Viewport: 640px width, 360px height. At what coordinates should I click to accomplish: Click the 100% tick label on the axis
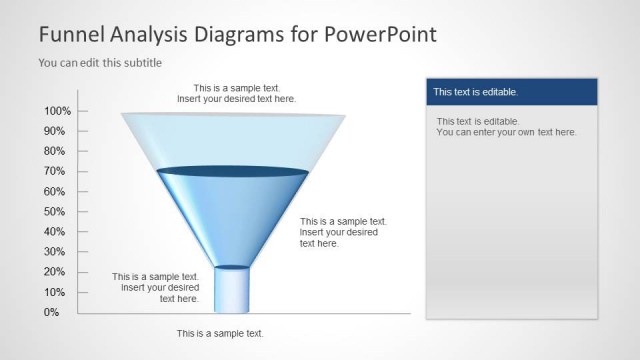57,111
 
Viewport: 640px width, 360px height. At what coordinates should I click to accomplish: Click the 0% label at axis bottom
51,312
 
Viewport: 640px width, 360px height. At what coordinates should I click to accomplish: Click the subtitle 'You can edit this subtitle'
100,62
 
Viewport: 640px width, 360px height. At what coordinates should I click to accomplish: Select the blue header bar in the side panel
511,92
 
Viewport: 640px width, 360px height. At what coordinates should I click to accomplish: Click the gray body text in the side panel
506,126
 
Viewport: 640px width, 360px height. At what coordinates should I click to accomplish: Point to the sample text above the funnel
236,94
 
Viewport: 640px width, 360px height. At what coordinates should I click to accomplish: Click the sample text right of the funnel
343,232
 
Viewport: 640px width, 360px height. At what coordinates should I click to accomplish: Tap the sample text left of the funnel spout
156,287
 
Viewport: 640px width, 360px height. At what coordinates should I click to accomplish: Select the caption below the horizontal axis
220,333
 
